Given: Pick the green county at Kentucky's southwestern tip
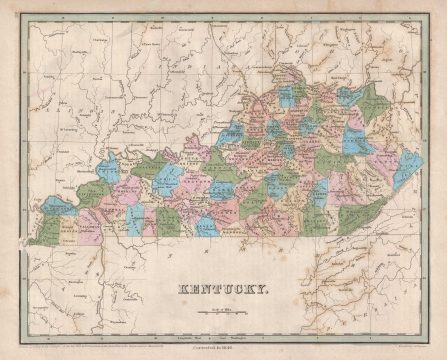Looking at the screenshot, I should (x=42, y=237).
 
